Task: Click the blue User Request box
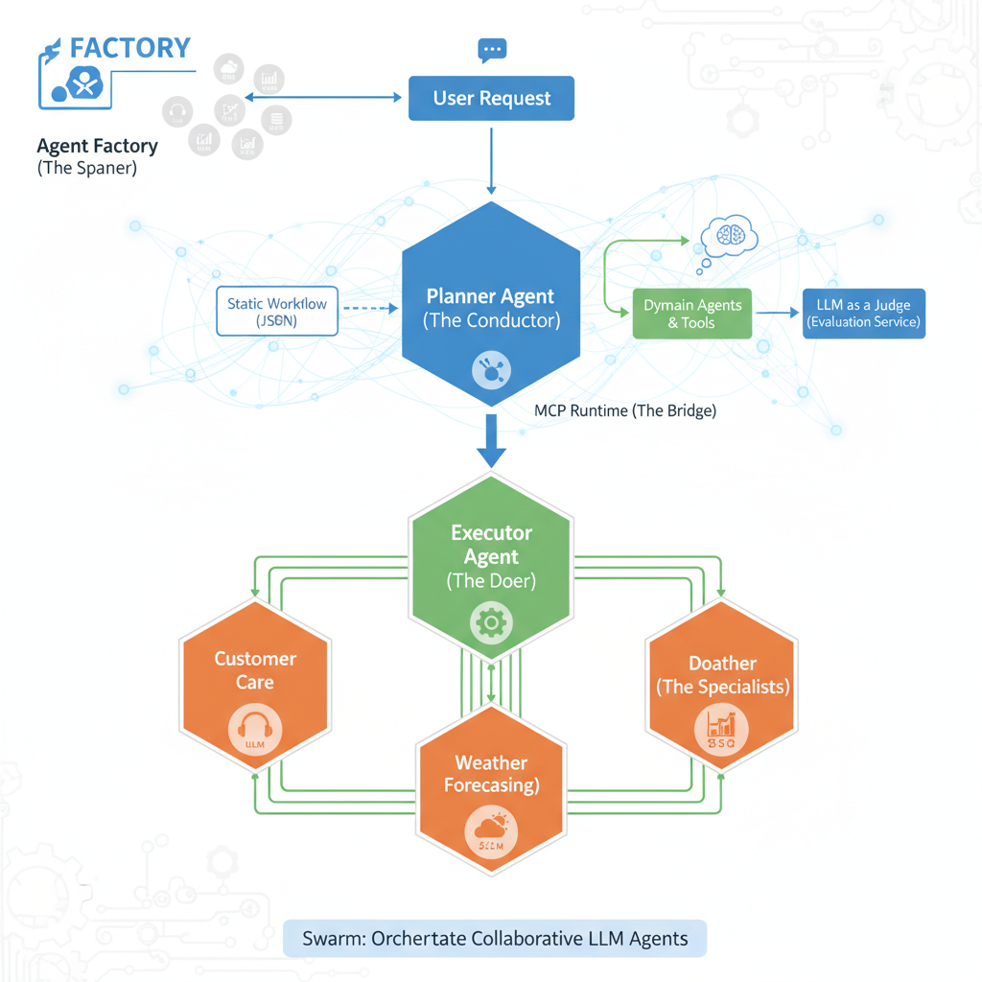coord(491,99)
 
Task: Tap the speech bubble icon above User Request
coord(491,50)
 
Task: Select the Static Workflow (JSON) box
coord(277,312)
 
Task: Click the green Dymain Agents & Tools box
coord(691,314)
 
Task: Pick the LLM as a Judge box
coord(863,313)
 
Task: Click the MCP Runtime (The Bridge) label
coord(624,410)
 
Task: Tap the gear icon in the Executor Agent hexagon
coord(491,623)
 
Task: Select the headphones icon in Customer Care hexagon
coord(254,729)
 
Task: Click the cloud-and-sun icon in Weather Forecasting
coord(490,830)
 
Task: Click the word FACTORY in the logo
coord(130,48)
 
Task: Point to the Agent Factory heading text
coord(97,147)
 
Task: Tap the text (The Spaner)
coord(87,169)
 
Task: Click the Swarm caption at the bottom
coord(495,938)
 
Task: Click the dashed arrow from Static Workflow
coord(369,309)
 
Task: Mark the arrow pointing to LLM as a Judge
coord(776,313)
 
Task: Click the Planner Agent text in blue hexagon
coord(491,296)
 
